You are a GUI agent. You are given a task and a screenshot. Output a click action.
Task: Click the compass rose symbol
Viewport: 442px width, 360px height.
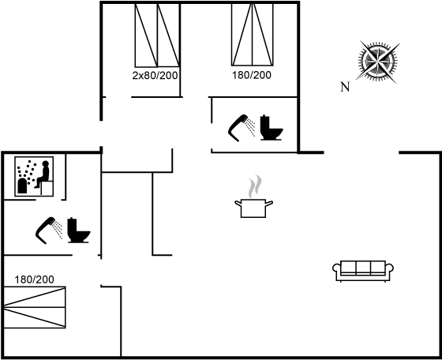378,61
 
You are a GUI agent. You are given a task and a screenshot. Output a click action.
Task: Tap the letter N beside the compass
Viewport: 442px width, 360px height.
345,87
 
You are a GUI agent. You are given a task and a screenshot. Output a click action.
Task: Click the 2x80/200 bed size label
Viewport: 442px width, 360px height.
155,75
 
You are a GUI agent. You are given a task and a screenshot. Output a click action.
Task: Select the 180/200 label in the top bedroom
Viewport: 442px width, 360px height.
252,75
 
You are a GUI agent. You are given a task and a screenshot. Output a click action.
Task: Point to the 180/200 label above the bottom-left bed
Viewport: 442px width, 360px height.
34,279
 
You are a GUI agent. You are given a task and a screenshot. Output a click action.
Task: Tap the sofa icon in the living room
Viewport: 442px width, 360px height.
363,271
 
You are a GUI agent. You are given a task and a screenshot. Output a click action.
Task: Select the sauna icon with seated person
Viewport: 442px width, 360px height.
34,176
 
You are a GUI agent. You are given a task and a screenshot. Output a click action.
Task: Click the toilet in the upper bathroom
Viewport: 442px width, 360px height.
272,127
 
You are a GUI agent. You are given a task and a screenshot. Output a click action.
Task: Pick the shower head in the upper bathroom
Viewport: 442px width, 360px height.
242,128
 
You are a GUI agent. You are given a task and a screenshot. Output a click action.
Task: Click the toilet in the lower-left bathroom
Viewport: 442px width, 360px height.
79,230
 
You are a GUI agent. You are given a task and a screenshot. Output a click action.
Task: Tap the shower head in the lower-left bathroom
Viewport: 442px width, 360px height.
49,231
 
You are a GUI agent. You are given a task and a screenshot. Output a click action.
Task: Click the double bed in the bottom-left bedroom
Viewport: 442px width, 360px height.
35,307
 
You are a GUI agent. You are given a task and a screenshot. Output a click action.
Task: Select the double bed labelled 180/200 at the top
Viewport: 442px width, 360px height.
253,35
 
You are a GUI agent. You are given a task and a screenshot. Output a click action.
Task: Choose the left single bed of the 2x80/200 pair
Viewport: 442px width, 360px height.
146,36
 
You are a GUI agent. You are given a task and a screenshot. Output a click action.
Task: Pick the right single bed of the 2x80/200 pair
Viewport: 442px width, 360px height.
168,36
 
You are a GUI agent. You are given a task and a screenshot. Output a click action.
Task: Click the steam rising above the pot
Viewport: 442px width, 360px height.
255,186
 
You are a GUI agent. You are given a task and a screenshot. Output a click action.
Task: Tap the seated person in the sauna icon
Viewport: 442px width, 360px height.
43,174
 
